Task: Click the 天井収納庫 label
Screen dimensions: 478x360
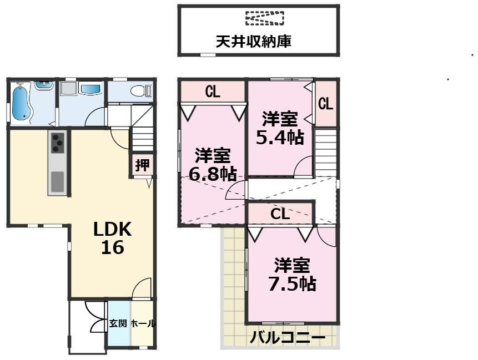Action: click(254, 42)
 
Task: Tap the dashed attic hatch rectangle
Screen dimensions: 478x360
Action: click(265, 18)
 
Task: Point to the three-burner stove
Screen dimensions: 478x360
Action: click(57, 143)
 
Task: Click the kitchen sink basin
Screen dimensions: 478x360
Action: click(57, 182)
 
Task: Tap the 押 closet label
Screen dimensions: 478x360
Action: click(142, 165)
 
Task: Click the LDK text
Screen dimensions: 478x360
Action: click(112, 229)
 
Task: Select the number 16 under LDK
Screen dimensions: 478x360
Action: click(113, 247)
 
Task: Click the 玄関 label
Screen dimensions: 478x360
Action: click(118, 323)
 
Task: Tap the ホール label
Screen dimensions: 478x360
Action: click(143, 323)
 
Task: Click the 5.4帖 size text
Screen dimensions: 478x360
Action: click(280, 138)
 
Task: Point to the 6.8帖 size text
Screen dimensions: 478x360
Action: click(213, 174)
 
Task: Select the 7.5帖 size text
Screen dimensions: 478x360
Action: click(292, 284)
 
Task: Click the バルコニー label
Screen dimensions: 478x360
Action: click(288, 338)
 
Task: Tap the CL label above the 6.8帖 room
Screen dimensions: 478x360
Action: click(213, 91)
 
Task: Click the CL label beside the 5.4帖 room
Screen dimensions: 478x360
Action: click(325, 104)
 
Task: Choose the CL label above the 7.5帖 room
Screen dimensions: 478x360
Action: click(280, 214)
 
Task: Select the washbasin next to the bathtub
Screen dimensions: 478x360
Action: click(44, 85)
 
